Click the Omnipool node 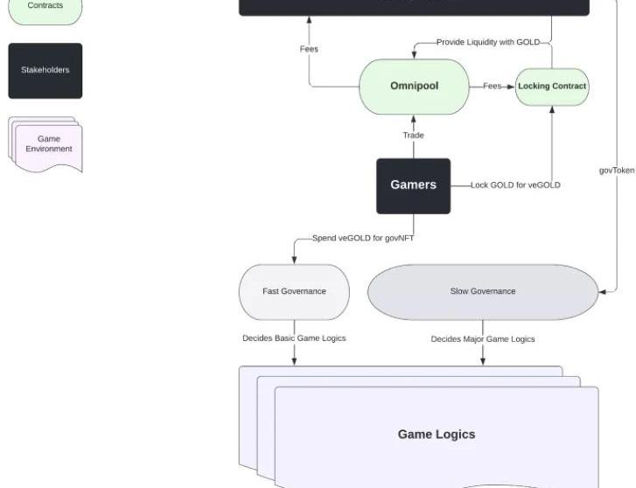point(414,87)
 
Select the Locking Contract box point(552,87)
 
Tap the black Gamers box point(413,185)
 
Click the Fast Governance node point(294,291)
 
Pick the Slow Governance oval point(483,291)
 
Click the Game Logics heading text point(437,434)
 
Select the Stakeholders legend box point(45,70)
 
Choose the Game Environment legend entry point(48,143)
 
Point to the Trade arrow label point(413,136)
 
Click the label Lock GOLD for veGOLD point(515,185)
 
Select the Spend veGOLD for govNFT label point(363,238)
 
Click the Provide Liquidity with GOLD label point(488,42)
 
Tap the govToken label point(617,171)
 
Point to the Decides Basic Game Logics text point(294,338)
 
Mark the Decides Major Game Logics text point(483,338)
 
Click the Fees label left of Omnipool point(309,49)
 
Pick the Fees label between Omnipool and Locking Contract point(493,86)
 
